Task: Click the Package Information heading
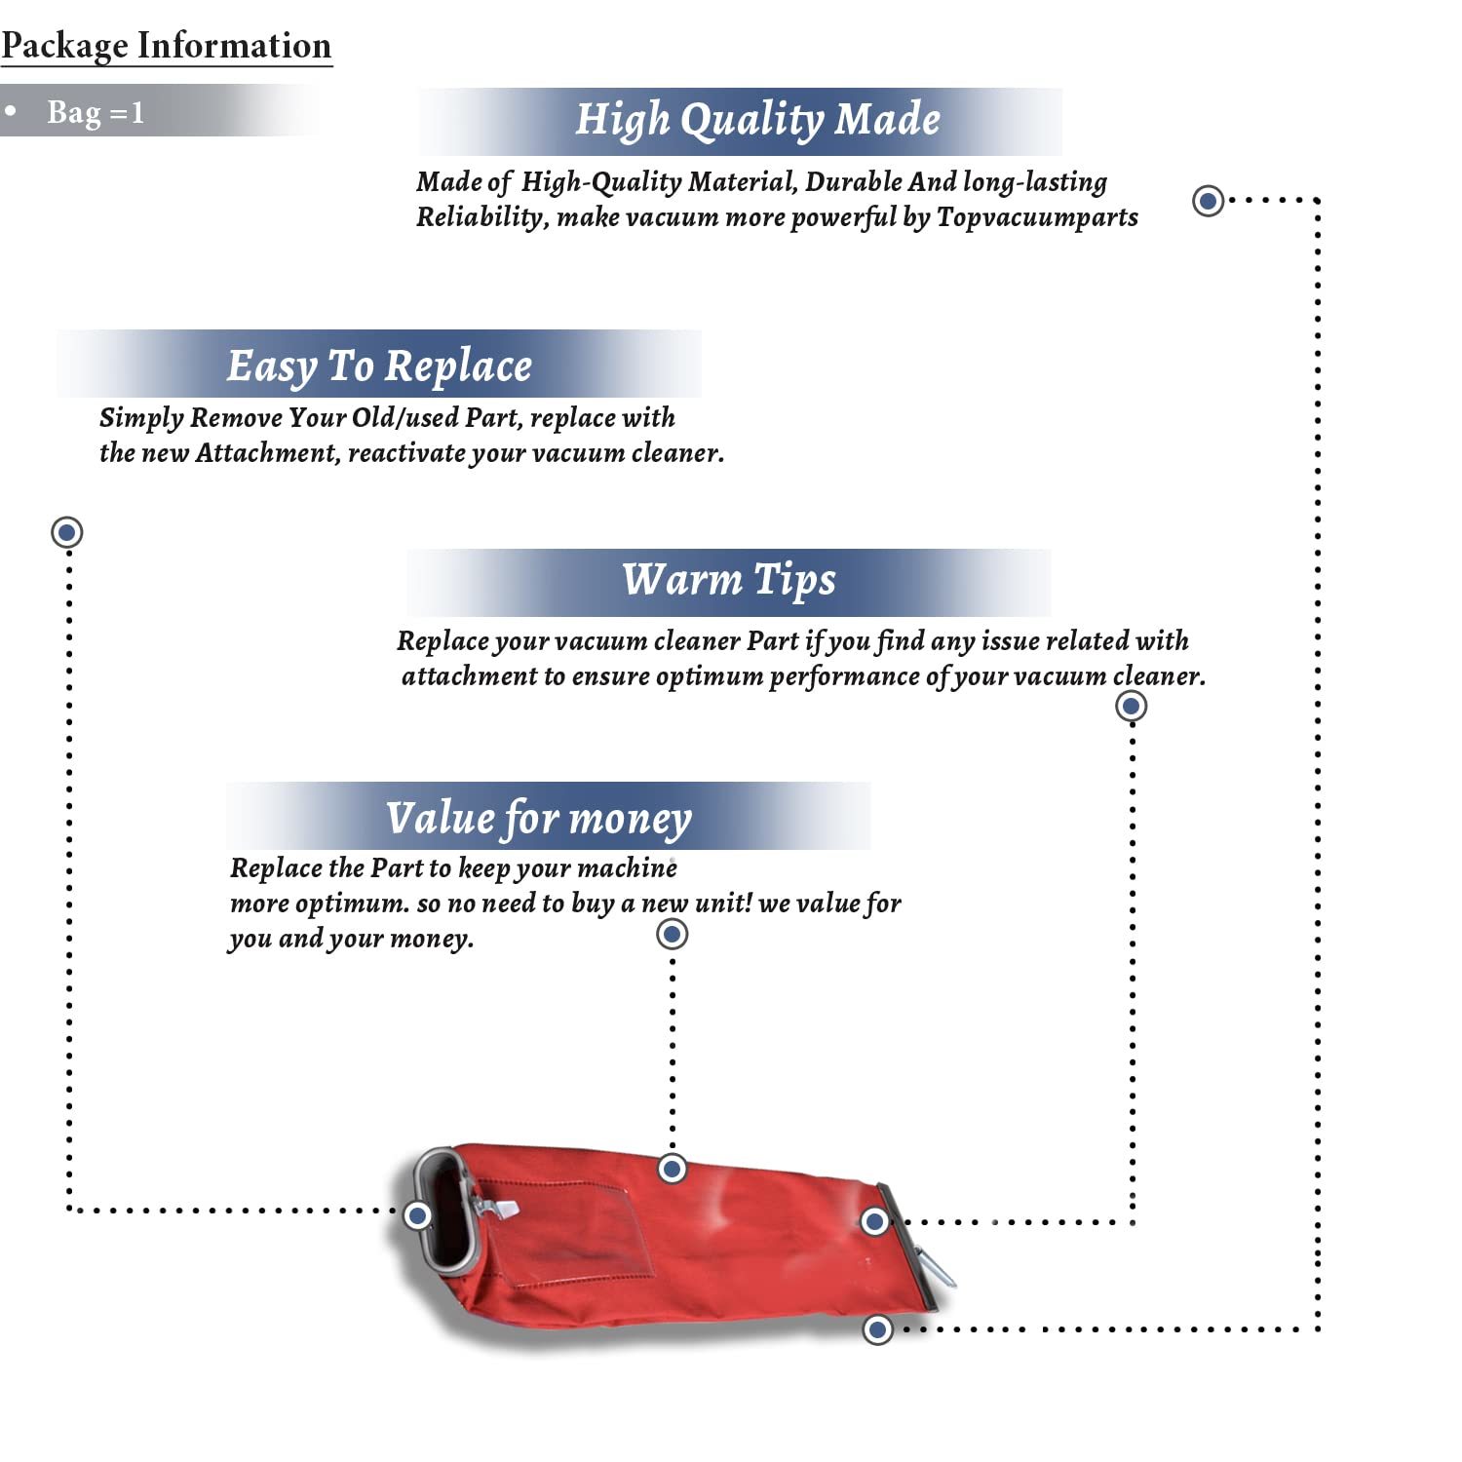[166, 46]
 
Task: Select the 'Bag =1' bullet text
[96, 112]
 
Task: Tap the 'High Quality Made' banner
[757, 120]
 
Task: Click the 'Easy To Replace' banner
[379, 366]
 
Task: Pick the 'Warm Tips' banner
[729, 580]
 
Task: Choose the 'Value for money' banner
[539, 818]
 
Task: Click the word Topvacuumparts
[1037, 216]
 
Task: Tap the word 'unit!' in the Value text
[722, 904]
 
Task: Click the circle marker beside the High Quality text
[1209, 201]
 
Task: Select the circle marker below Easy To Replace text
[67, 532]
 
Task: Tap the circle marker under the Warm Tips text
[1131, 706]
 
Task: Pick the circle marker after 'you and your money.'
[672, 934]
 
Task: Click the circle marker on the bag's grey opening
[418, 1214]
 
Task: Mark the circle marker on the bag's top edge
[673, 1168]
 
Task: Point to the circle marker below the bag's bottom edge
[878, 1328]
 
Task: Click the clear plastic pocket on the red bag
[604, 1230]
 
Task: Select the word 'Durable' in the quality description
[854, 182]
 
